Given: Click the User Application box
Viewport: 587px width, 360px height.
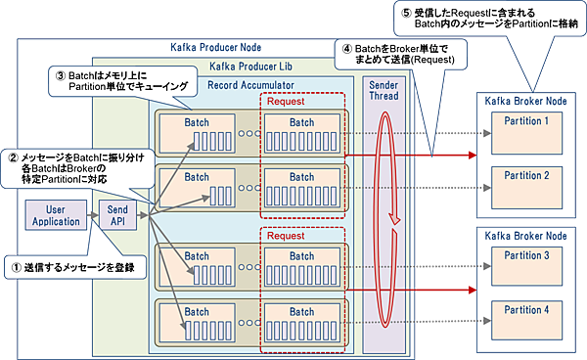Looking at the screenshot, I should coord(56,215).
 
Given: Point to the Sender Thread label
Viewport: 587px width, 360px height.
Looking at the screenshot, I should coord(383,91).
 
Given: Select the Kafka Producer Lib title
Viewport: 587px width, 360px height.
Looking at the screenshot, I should coord(252,67).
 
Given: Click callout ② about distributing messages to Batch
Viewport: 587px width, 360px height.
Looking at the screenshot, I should coord(68,168).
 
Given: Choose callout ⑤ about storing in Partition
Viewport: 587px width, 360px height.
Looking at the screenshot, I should coord(476,17).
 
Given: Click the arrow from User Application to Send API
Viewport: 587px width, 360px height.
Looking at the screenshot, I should coord(93,215).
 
